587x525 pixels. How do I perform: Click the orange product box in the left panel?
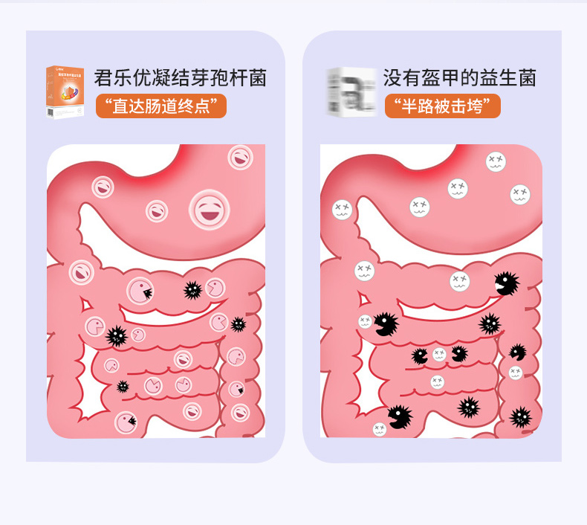click(65, 91)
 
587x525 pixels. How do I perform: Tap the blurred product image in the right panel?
click(351, 91)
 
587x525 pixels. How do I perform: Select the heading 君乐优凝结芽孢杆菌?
click(180, 78)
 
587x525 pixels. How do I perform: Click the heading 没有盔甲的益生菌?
click(459, 78)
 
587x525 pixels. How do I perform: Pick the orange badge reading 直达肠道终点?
click(161, 106)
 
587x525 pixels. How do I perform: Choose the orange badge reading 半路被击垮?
click(442, 106)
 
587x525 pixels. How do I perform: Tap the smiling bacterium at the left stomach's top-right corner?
click(239, 157)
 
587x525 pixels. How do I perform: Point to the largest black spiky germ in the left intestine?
click(117, 336)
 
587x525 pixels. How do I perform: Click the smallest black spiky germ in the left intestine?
click(123, 386)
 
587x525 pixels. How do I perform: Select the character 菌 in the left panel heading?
click(258, 78)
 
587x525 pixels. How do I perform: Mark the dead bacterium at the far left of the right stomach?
click(341, 209)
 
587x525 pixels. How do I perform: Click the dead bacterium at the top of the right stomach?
click(496, 161)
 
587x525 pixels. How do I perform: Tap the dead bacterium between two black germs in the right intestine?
click(439, 355)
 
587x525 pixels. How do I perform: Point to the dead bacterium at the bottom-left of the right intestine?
click(380, 429)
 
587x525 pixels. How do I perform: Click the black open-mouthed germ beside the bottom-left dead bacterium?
click(399, 416)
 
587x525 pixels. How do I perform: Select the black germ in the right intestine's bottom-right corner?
click(521, 416)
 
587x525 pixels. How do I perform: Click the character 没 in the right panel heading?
click(392, 78)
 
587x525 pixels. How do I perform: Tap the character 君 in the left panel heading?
click(103, 78)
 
